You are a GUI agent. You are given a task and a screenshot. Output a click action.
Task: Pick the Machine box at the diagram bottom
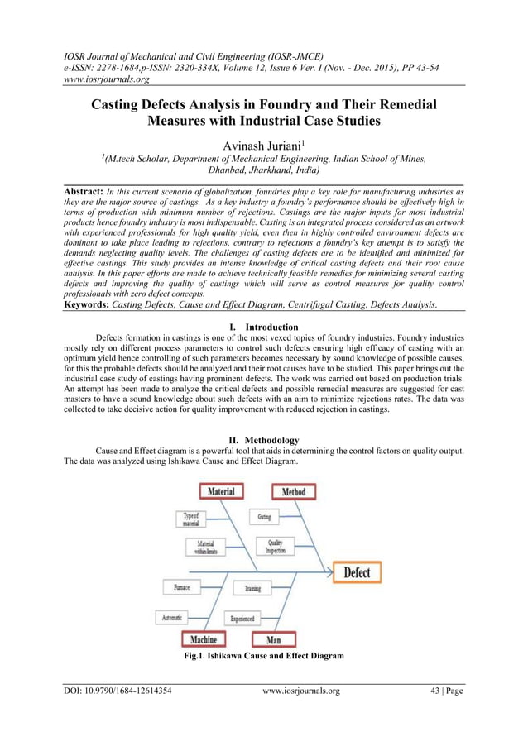(x=204, y=639)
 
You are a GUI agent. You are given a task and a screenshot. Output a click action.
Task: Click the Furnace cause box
(x=181, y=587)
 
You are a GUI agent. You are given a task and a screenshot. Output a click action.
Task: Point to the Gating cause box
(x=263, y=517)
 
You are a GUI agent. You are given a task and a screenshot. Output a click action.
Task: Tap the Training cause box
(x=252, y=588)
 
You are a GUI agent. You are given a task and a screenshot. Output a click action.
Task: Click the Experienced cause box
(x=242, y=618)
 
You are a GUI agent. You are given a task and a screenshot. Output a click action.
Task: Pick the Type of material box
(x=190, y=519)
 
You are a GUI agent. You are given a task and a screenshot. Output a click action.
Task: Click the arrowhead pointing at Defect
(x=329, y=572)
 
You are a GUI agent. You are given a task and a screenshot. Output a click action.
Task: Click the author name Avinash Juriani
(x=262, y=146)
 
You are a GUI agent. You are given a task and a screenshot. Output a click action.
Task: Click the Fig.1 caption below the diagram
(x=263, y=656)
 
